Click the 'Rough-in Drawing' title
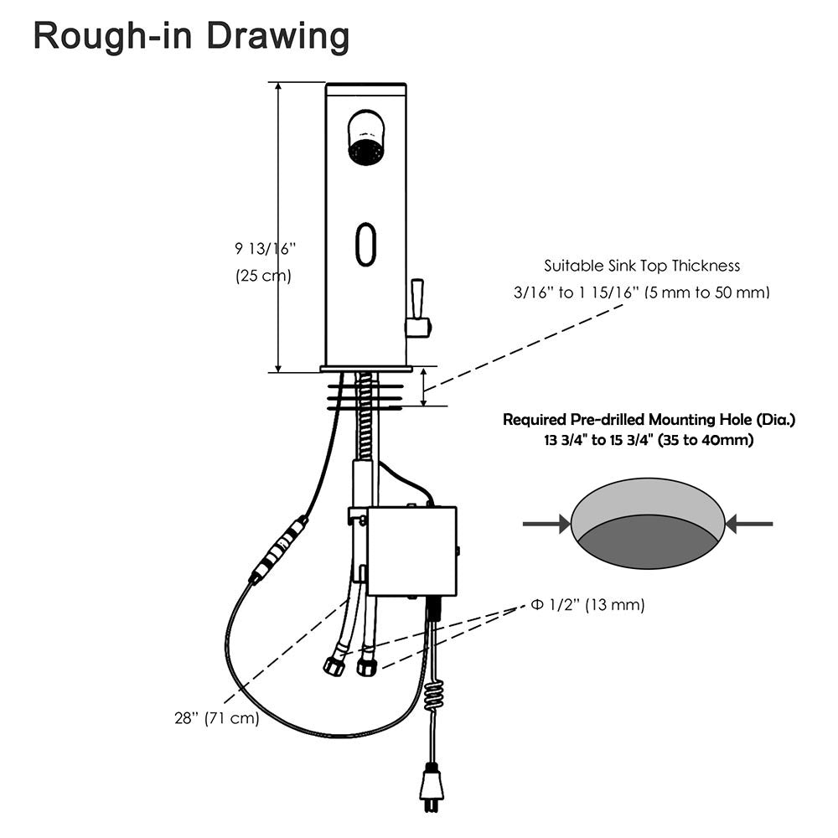tap(191, 37)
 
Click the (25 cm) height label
tap(263, 276)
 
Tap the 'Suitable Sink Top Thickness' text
tap(642, 266)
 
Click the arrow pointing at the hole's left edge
tap(545, 525)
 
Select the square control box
tap(411, 551)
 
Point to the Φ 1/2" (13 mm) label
tap(587, 604)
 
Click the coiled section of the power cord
tap(433, 696)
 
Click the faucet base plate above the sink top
tap(366, 369)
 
